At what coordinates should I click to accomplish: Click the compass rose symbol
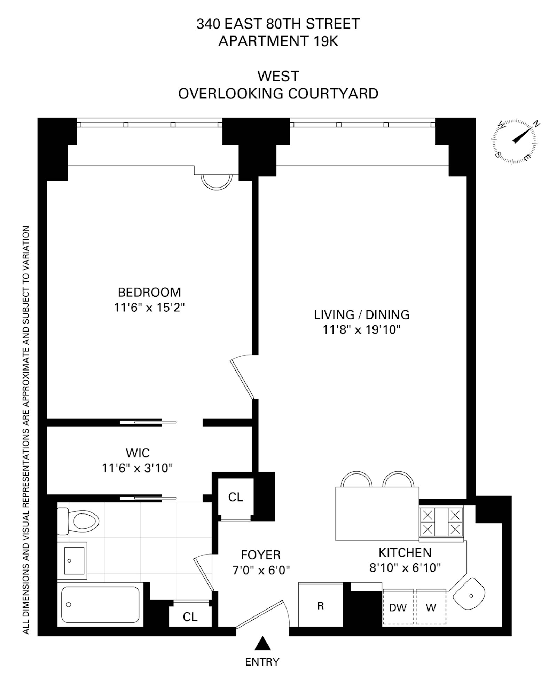pyautogui.click(x=514, y=142)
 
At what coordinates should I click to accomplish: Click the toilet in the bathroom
pyautogui.click(x=78, y=521)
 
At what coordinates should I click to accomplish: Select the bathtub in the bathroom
pyautogui.click(x=100, y=604)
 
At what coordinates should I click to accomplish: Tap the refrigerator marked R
pyautogui.click(x=320, y=606)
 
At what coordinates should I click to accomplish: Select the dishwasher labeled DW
pyautogui.click(x=398, y=607)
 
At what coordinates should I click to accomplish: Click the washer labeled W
pyautogui.click(x=431, y=607)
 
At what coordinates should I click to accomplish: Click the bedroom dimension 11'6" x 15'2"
pyautogui.click(x=149, y=308)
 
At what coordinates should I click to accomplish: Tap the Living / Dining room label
pyautogui.click(x=361, y=314)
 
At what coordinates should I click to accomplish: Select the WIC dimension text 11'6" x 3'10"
pyautogui.click(x=137, y=468)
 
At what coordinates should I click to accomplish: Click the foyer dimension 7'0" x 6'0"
pyautogui.click(x=261, y=570)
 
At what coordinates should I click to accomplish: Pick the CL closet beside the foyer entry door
pyautogui.click(x=190, y=617)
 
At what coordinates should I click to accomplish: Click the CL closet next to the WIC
pyautogui.click(x=235, y=497)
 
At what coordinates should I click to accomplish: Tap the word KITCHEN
pyautogui.click(x=405, y=552)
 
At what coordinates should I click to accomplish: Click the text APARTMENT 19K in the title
pyautogui.click(x=278, y=41)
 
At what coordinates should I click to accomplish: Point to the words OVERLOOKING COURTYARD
pyautogui.click(x=278, y=94)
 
